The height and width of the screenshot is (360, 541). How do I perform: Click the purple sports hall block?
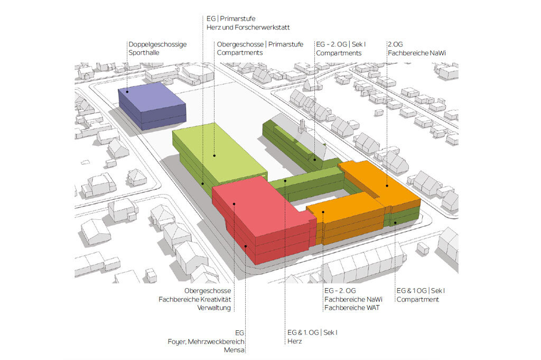152,106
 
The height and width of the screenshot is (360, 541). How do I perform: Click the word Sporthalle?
144,53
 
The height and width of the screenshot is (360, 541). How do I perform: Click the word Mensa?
234,349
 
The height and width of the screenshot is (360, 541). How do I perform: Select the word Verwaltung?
214,308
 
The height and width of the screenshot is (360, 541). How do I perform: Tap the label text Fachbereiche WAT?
352,308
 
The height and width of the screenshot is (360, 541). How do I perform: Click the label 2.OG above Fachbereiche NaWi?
395,44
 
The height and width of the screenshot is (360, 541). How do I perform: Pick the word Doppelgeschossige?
157,44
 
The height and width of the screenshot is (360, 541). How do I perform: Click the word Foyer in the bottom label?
176,341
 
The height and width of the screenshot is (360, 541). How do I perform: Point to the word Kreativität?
216,299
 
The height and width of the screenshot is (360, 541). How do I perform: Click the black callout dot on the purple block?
127,91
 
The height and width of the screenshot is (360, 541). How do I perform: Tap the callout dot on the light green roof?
214,155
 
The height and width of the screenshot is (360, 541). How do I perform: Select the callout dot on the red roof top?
234,204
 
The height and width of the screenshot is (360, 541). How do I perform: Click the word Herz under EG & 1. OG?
295,341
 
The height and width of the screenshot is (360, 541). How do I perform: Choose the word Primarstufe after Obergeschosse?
286,44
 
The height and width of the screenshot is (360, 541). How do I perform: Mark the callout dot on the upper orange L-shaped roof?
387,186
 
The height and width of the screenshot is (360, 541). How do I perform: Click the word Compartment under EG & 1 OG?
417,299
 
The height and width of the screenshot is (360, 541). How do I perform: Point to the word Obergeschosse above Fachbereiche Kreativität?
208,291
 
